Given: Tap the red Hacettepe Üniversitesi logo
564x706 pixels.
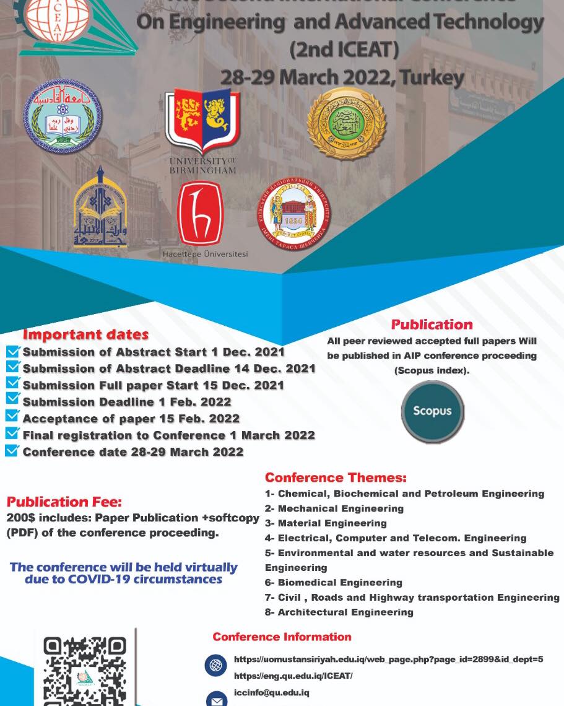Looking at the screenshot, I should [x=201, y=214].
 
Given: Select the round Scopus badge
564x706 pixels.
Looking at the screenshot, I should [x=432, y=411].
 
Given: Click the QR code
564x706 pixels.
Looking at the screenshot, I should [x=85, y=672].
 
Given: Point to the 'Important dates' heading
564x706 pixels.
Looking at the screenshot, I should [x=85, y=335].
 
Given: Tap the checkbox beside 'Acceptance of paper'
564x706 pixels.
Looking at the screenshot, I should [x=12, y=417].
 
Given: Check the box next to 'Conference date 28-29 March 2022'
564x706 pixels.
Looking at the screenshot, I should [x=12, y=451].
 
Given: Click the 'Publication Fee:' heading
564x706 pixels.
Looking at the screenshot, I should [x=64, y=502].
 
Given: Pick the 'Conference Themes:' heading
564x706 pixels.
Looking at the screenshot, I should [x=336, y=477].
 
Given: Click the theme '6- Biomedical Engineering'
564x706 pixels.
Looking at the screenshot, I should [x=334, y=582].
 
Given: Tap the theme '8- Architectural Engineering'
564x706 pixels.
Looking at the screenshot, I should [x=339, y=612].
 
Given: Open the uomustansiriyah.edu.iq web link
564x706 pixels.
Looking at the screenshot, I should [x=388, y=659].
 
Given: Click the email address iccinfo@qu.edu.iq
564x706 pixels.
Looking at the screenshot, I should [x=271, y=692].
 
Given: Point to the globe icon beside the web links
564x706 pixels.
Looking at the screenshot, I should [x=215, y=666].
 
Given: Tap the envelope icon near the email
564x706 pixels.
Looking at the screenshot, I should [x=215, y=700].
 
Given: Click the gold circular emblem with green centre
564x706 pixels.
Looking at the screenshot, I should [x=347, y=124].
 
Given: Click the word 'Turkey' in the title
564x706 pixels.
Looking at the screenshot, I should [x=432, y=77].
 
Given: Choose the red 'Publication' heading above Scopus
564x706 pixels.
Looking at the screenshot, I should [x=432, y=325].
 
